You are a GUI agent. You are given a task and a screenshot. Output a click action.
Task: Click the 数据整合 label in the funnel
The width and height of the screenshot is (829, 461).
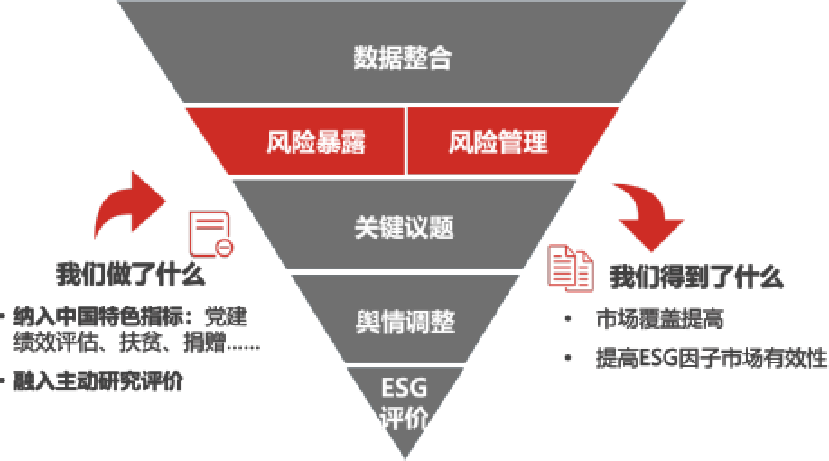click(402, 59)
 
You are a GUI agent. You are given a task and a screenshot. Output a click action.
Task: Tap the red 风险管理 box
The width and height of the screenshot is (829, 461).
click(498, 142)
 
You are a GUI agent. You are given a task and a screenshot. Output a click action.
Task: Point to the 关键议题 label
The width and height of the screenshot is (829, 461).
click(403, 227)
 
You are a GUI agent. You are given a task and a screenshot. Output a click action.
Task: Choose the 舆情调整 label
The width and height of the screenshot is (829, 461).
click(404, 322)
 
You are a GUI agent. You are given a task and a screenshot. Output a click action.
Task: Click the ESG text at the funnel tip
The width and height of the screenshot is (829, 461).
click(403, 390)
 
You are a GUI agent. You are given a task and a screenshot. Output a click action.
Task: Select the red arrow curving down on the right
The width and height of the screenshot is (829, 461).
click(646, 216)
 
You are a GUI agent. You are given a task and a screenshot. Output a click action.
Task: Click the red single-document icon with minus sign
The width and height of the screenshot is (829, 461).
click(210, 234)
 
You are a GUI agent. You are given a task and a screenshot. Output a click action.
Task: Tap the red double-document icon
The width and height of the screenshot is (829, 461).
click(572, 268)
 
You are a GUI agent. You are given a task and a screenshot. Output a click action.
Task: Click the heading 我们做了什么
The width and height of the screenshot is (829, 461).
click(130, 274)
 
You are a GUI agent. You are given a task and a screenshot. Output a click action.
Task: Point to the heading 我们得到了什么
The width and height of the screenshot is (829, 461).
click(696, 277)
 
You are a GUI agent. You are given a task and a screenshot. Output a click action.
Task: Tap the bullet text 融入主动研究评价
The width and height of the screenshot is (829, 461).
click(98, 381)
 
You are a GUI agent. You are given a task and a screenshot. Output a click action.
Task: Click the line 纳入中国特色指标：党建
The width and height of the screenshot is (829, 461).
click(129, 318)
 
